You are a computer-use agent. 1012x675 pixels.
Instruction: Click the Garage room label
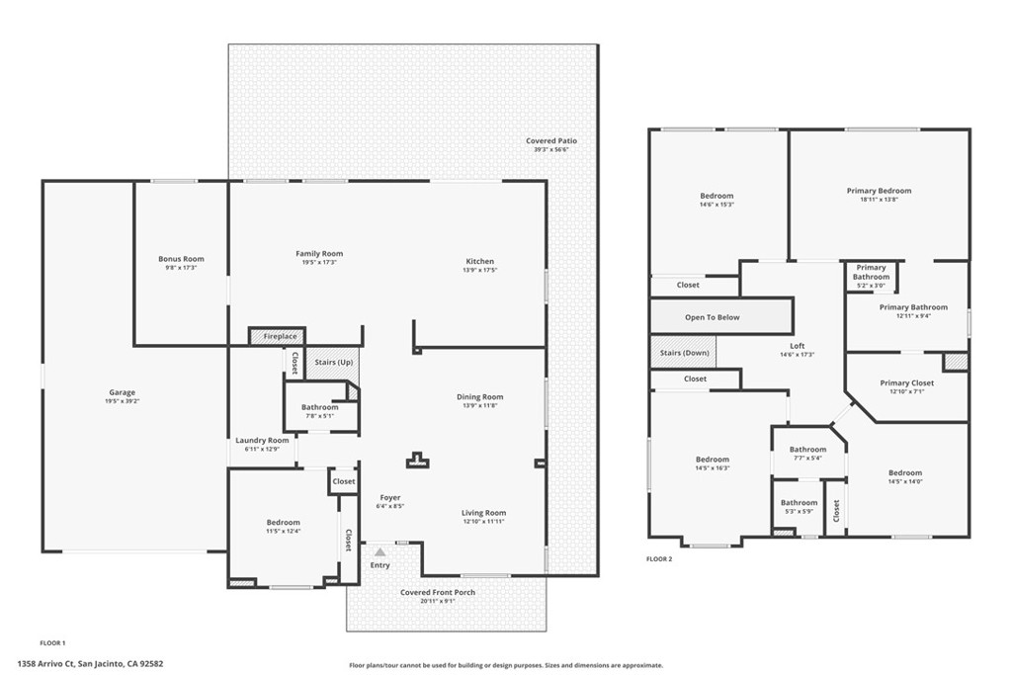pyautogui.click(x=122, y=392)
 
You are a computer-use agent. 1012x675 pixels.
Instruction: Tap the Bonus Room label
pyautogui.click(x=181, y=259)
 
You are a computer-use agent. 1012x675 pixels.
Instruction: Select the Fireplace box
pyautogui.click(x=279, y=337)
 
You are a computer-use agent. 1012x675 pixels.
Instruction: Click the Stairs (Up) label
pyautogui.click(x=333, y=363)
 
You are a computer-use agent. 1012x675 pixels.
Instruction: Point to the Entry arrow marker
pyautogui.click(x=379, y=551)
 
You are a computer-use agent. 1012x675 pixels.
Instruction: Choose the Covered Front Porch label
pyautogui.click(x=437, y=593)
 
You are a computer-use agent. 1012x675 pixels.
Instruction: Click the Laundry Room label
pyautogui.click(x=262, y=440)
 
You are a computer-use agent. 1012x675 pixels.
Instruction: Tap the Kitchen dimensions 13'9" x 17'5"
pyautogui.click(x=479, y=271)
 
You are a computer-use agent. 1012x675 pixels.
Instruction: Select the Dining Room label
pyautogui.click(x=479, y=397)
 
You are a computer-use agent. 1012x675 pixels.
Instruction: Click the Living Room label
pyautogui.click(x=483, y=513)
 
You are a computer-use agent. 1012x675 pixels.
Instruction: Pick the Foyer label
pyautogui.click(x=390, y=497)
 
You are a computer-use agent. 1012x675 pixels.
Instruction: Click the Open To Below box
pyautogui.click(x=712, y=317)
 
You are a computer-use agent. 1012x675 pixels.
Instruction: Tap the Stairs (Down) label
pyautogui.click(x=683, y=353)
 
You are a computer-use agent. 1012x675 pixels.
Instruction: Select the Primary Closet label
pyautogui.click(x=906, y=383)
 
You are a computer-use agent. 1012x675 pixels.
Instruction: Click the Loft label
pyautogui.click(x=797, y=346)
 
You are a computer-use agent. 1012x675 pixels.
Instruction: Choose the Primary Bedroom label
pyautogui.click(x=879, y=191)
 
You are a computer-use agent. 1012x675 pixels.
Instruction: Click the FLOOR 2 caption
pyautogui.click(x=659, y=559)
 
